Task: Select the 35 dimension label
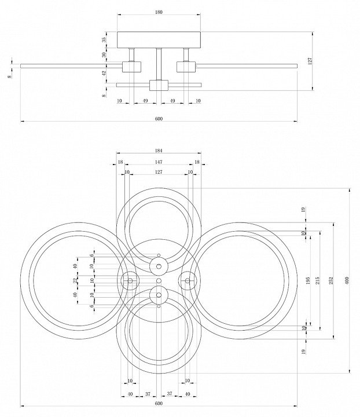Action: (104, 40)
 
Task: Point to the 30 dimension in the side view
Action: (104, 55)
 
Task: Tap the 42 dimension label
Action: (104, 73)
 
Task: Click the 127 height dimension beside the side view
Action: (311, 61)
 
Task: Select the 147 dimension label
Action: (159, 163)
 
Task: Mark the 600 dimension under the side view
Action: (159, 119)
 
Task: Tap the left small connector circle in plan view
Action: (130, 281)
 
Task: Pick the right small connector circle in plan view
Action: (187, 281)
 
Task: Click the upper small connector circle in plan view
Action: (159, 266)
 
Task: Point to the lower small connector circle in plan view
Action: (159, 295)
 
